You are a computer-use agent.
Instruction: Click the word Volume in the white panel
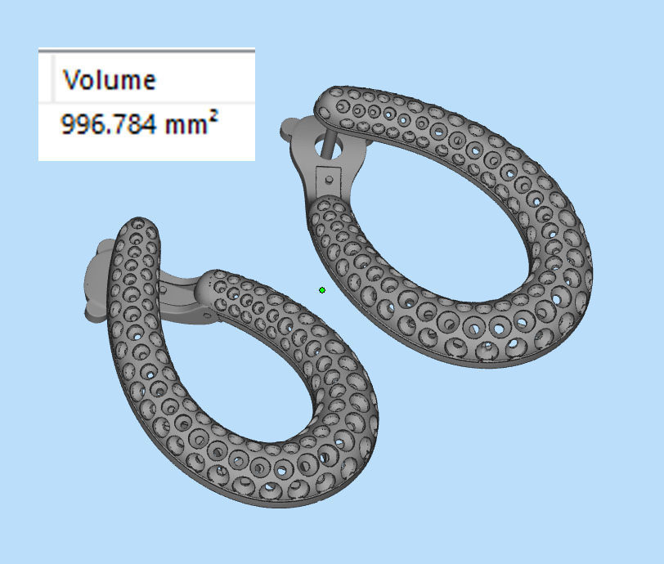click(x=109, y=80)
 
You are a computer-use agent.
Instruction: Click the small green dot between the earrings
click(x=322, y=289)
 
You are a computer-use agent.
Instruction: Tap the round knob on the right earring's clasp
click(x=291, y=129)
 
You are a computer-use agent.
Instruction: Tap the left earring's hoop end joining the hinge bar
click(x=214, y=286)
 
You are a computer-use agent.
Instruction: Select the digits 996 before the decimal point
click(x=78, y=124)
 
